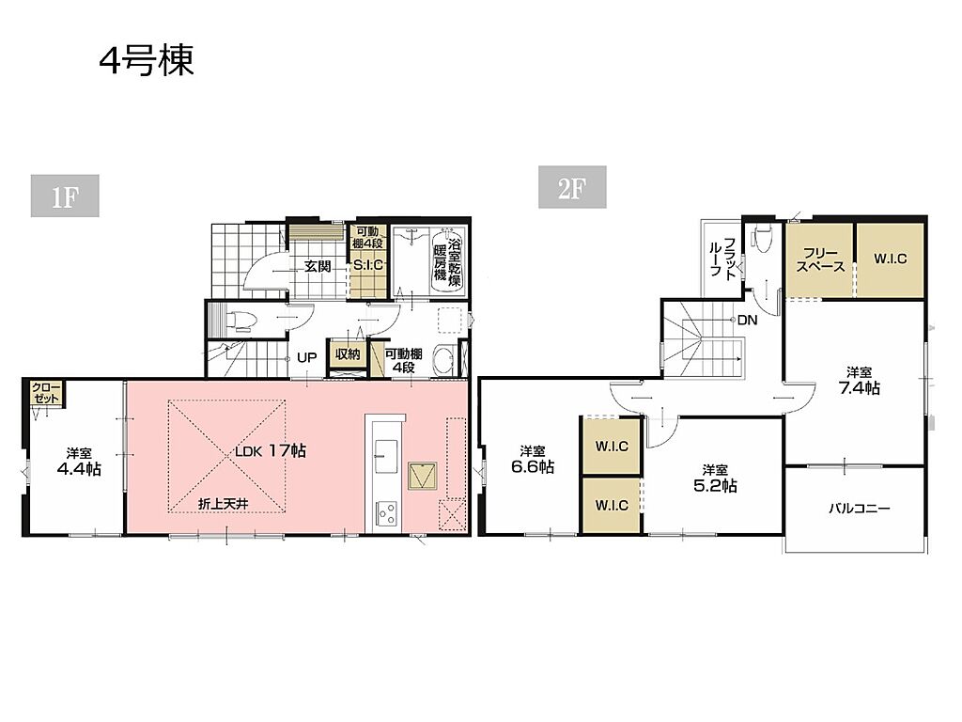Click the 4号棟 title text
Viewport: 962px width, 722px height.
point(147,61)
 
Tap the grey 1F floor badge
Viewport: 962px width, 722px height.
point(65,196)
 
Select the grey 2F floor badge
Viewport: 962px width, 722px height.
point(572,187)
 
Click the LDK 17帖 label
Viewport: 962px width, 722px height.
point(271,450)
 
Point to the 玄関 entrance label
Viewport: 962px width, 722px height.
point(318,266)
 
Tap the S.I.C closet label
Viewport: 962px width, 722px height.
point(368,265)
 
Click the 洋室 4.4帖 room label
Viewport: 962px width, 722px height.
point(79,462)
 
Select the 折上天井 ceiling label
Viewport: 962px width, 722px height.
point(224,504)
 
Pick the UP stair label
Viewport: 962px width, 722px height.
point(307,357)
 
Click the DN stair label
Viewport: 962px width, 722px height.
point(747,320)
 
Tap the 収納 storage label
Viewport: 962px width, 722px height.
point(348,354)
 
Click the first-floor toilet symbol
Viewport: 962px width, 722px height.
point(240,321)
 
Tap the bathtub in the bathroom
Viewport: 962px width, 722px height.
point(448,262)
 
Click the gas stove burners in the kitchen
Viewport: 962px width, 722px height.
point(386,513)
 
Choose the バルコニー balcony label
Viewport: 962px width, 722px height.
point(859,509)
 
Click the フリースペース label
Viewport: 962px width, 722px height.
point(820,260)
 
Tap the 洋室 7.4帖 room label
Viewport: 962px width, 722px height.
point(859,380)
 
